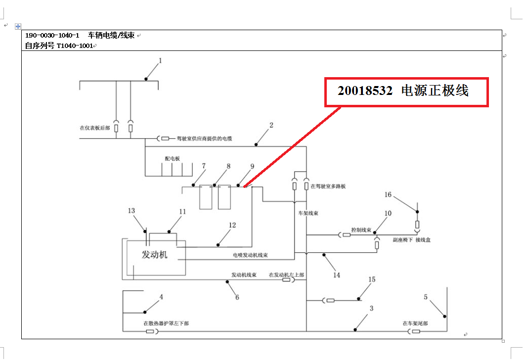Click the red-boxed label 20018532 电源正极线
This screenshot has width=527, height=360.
coord(403,91)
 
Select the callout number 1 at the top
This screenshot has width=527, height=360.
coord(160,61)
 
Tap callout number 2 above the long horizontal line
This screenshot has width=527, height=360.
coord(271,125)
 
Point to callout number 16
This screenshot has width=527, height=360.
coord(388,195)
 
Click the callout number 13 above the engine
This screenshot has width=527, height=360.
coord(131,211)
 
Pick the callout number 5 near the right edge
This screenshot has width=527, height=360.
coord(426,297)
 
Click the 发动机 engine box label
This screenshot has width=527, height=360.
coord(155,255)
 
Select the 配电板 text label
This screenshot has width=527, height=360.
coord(173,159)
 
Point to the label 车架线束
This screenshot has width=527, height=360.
coord(307,214)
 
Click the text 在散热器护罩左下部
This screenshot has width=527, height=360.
coord(166,323)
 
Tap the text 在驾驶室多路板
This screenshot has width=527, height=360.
coord(328,186)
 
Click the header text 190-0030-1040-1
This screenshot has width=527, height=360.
coord(52,36)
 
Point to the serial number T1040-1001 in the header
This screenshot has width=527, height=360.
coord(75,45)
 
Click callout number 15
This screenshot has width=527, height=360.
coord(371,280)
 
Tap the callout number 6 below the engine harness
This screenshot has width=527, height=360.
coord(237,297)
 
